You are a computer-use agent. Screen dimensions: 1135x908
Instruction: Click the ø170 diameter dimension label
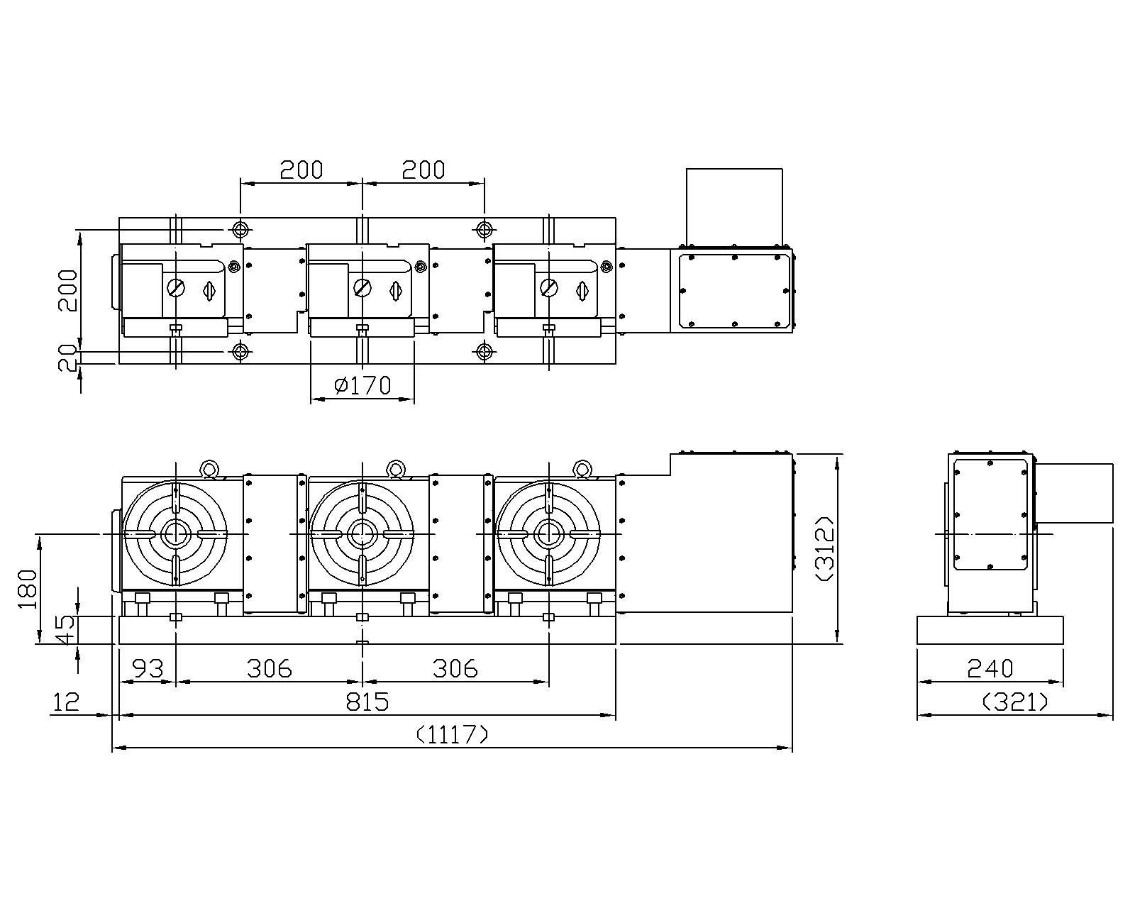point(363,386)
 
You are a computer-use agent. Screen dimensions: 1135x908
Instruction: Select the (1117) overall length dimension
point(453,734)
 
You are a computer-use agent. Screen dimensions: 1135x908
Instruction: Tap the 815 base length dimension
point(367,702)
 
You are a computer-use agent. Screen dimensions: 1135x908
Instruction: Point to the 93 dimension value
point(148,668)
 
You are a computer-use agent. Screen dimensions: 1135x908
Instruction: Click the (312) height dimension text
point(826,548)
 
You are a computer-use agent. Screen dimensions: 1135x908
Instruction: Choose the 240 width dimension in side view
point(990,668)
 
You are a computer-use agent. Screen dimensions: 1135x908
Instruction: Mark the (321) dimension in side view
point(1015,702)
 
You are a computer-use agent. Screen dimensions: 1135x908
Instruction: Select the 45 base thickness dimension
point(67,630)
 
